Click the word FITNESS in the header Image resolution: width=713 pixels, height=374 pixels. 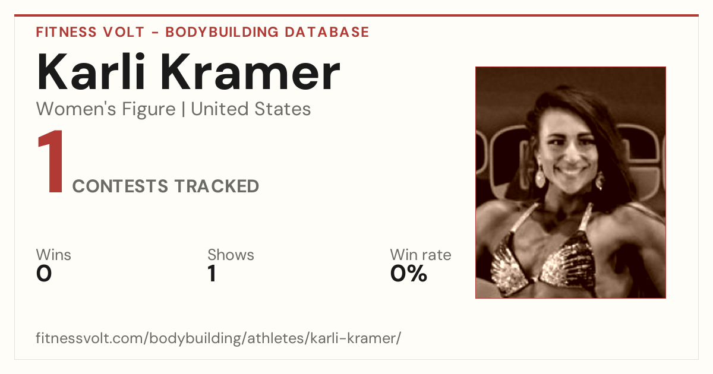click(66, 32)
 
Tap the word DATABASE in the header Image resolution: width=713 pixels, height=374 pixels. click(327, 32)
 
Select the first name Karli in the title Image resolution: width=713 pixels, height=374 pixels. click(92, 72)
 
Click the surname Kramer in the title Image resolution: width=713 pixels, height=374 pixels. click(251, 72)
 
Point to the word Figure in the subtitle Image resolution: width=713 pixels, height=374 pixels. click(149, 110)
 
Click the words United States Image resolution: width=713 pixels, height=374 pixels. click(251, 109)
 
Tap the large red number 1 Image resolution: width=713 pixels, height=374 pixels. click(51, 161)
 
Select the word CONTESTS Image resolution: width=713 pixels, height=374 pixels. click(120, 186)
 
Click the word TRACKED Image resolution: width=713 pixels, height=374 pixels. click(217, 186)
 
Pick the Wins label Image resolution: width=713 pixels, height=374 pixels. click(53, 255)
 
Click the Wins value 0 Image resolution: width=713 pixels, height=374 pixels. click(44, 274)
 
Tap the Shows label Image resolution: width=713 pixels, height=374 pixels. click(231, 255)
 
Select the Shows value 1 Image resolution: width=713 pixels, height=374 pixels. click(212, 274)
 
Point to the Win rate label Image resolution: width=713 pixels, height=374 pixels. click(421, 255)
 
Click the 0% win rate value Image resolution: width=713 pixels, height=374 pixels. click(409, 274)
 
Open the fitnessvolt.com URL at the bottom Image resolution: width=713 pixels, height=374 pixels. click(219, 338)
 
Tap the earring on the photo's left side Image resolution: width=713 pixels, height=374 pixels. click(540, 177)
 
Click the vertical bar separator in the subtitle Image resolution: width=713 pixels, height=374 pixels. click(184, 110)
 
